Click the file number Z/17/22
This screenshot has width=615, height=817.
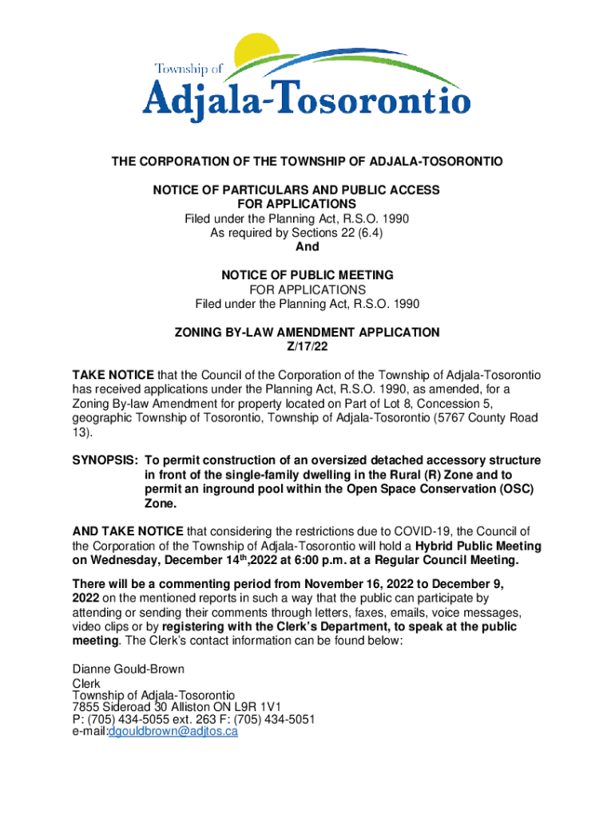tap(307, 346)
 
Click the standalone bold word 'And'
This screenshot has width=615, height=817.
tap(307, 247)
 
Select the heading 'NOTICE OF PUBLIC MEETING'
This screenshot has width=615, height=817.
tap(307, 275)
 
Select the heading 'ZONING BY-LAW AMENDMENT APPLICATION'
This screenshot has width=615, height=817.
tap(307, 332)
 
